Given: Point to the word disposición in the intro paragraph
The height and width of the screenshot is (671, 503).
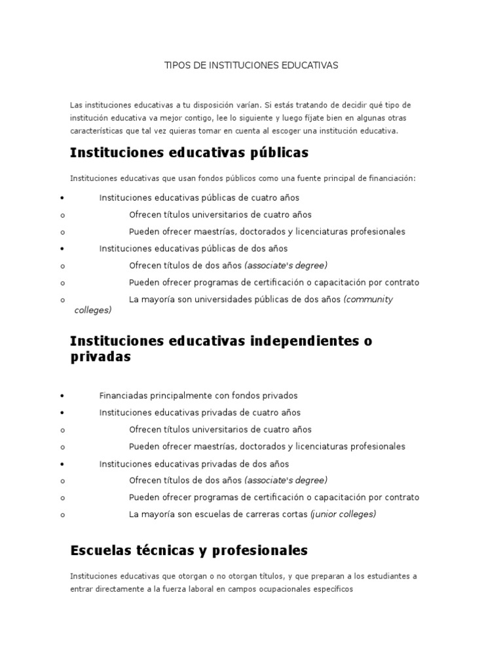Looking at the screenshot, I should coord(233,105).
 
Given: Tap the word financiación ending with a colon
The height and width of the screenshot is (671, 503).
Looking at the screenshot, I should coord(390,178).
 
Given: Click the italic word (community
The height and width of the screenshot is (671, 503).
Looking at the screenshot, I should coord(368,299).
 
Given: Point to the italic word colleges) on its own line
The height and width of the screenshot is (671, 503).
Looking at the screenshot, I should coord(93,311).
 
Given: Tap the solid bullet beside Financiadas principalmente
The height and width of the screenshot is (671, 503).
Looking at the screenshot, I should coord(61,396).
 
